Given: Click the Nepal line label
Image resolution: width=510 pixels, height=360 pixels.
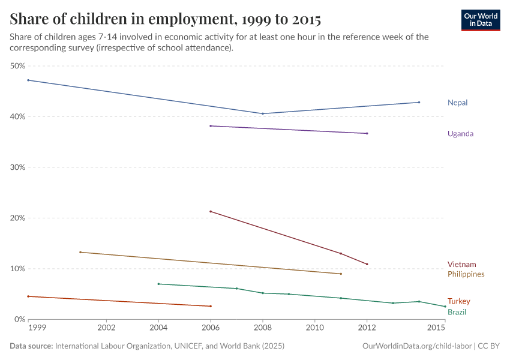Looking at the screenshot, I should [457, 103].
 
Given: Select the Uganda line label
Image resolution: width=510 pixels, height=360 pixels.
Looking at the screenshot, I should [460, 134].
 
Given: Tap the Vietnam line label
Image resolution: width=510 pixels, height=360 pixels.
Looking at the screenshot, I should [461, 265].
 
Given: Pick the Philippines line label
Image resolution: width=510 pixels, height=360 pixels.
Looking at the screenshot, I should [466, 274].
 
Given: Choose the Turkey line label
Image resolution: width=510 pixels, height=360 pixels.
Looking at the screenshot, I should [458, 301].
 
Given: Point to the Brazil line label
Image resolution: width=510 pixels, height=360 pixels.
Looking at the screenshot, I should [457, 312].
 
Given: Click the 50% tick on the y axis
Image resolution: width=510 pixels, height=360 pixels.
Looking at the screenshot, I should [17, 66].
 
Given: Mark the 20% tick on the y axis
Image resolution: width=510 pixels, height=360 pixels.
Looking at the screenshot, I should [17, 218].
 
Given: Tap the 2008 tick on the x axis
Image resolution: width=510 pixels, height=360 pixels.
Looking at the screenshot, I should [263, 328].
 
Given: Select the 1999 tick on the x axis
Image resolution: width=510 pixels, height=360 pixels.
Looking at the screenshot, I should [37, 328].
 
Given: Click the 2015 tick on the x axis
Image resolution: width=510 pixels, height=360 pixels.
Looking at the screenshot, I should [436, 328].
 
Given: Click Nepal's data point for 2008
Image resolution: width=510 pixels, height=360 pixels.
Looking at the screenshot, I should [263, 113].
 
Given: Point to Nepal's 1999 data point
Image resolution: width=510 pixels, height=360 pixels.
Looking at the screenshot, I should [28, 80].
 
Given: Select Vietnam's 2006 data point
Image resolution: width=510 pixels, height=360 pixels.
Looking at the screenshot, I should [211, 211].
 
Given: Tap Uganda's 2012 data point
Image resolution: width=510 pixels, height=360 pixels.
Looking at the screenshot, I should [367, 133].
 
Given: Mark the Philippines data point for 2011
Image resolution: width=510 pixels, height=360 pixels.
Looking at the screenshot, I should [341, 274].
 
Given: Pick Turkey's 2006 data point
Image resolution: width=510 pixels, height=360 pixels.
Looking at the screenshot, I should [211, 306].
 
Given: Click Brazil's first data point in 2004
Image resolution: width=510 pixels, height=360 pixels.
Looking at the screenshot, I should [158, 284].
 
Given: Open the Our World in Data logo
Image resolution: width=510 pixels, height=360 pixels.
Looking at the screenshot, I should [480, 20].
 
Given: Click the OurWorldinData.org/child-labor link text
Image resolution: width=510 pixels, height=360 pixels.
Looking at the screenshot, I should [418, 346].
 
